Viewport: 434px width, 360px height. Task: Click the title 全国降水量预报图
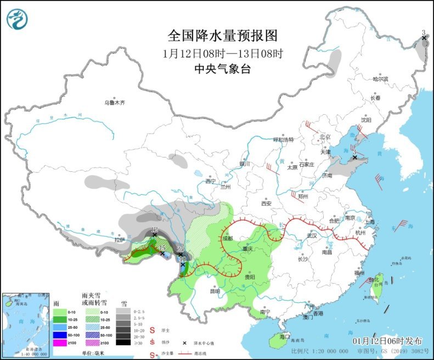(x=222, y=36)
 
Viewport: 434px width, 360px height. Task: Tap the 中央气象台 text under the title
(x=222, y=69)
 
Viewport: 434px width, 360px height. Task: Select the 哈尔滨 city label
(x=380, y=79)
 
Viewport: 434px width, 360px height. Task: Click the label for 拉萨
(x=120, y=240)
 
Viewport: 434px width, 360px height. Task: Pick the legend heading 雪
(x=124, y=302)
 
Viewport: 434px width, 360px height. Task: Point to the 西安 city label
(x=267, y=203)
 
